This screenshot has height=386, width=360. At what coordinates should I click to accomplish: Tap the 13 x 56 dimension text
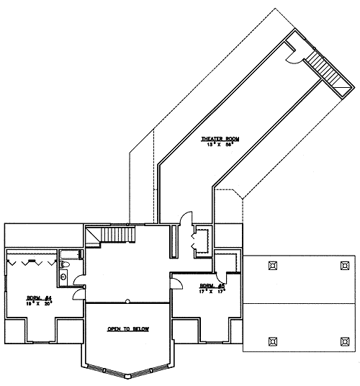tap(220, 145)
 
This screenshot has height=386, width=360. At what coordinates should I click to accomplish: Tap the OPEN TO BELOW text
tap(127, 329)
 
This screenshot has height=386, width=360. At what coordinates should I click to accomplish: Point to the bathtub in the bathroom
tap(69, 253)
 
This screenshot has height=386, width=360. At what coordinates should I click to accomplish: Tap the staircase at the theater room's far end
tap(325, 72)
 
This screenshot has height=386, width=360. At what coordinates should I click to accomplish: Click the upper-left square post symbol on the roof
tap(272, 265)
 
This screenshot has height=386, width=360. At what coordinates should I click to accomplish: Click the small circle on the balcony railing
tap(127, 301)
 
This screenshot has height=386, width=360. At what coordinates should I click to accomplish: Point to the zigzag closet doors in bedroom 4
tap(30, 261)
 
